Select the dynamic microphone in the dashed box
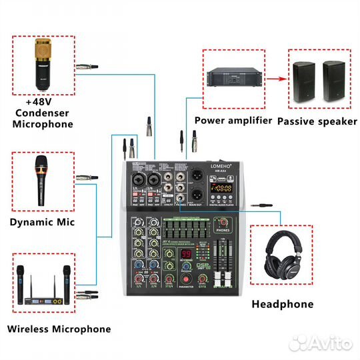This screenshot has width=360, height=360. [41, 180]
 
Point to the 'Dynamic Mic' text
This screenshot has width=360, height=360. [42, 222]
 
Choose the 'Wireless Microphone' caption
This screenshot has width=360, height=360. [59, 329]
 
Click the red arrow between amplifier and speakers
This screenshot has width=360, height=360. [272, 78]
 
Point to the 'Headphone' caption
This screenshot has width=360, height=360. [282, 304]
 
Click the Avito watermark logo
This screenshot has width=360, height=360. [320, 343]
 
